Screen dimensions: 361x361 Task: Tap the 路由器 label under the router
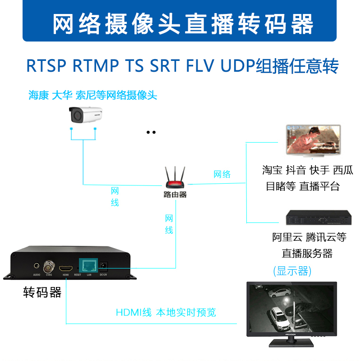[175, 195]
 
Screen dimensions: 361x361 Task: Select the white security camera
[86, 114]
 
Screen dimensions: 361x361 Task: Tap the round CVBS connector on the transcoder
[48, 266]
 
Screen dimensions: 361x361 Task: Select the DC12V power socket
[103, 266]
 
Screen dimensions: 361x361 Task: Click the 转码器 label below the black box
[42, 292]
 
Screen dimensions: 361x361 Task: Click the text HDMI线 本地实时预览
[166, 312]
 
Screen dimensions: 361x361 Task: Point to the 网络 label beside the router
[222, 174]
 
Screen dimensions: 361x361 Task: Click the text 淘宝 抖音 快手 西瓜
[308, 170]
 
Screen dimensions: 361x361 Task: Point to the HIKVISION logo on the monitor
[290, 334]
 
